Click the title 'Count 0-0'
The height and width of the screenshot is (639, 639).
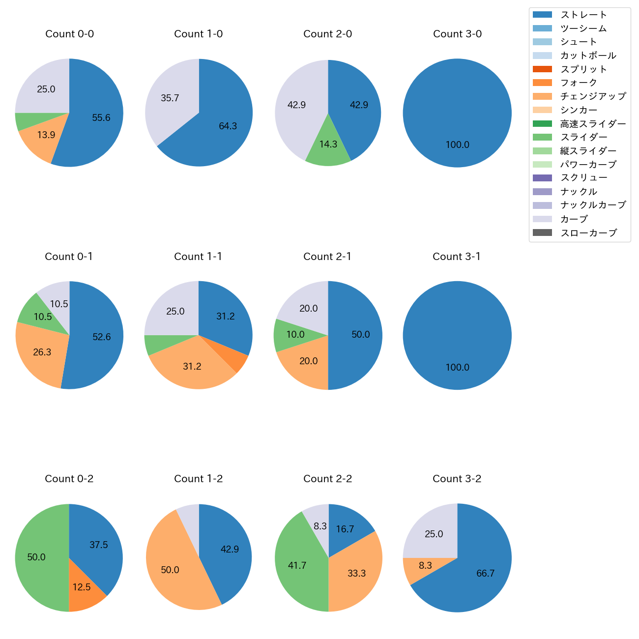(69, 34)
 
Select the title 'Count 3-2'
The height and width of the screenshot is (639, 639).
(457, 479)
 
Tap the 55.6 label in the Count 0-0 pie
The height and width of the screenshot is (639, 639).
(101, 117)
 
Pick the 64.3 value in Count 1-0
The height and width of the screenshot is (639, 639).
(228, 126)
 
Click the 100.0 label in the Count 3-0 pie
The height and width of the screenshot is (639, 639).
(457, 145)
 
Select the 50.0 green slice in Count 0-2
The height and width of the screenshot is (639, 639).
(36, 557)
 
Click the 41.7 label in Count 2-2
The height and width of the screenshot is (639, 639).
(297, 566)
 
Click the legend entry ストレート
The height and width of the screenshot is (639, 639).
(583, 15)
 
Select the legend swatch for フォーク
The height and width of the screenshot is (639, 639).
(542, 83)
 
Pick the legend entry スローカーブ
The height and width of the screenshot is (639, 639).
(588, 233)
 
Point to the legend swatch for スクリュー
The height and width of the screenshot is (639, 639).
(542, 178)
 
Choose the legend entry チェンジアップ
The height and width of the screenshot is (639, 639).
(593, 96)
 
